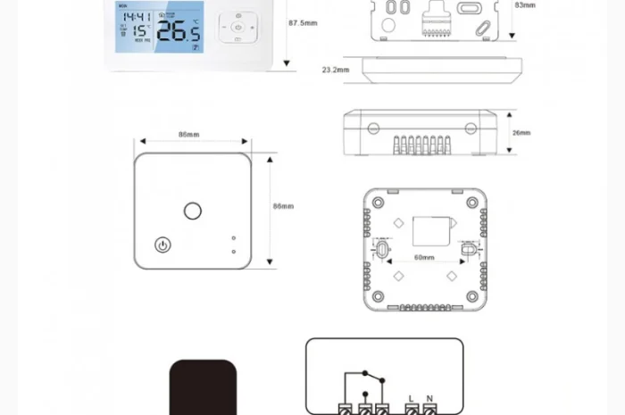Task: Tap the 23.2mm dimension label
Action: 335,68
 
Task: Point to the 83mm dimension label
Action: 525,4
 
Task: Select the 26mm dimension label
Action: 521,133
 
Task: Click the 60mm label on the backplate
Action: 424,258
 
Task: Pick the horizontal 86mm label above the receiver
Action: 188,135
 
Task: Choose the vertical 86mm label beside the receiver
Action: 283,206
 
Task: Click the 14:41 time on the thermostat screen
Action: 137,16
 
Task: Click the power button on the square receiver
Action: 162,244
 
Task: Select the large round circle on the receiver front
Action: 192,211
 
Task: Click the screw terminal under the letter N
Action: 429,410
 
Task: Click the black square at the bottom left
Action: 204,388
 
